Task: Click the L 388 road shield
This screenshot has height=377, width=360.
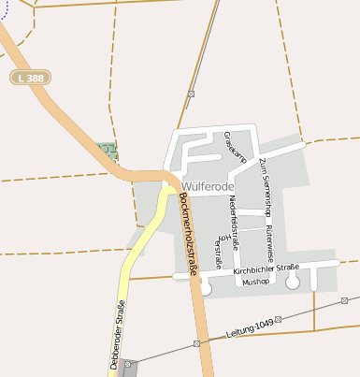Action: point(32,77)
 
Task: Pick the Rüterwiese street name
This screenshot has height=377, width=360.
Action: point(269,240)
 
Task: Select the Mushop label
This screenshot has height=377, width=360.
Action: point(255,281)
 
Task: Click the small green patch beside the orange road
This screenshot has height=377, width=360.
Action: point(107,150)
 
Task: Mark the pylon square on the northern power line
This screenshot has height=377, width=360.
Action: point(191,94)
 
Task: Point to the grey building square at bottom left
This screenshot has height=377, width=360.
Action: point(128,366)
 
